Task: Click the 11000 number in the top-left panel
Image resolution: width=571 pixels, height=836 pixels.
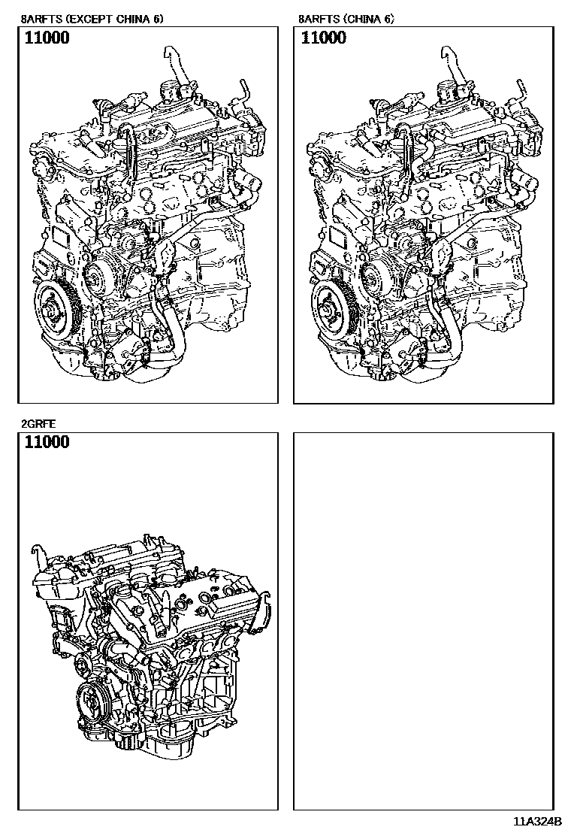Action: click(x=47, y=38)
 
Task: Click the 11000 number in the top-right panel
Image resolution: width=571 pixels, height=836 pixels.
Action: click(x=324, y=38)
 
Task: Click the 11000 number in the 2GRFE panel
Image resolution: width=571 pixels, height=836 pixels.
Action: click(x=47, y=442)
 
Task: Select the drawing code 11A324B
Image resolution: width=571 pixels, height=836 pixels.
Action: click(x=538, y=822)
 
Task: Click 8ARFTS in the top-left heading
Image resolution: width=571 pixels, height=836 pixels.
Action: click(x=40, y=18)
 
